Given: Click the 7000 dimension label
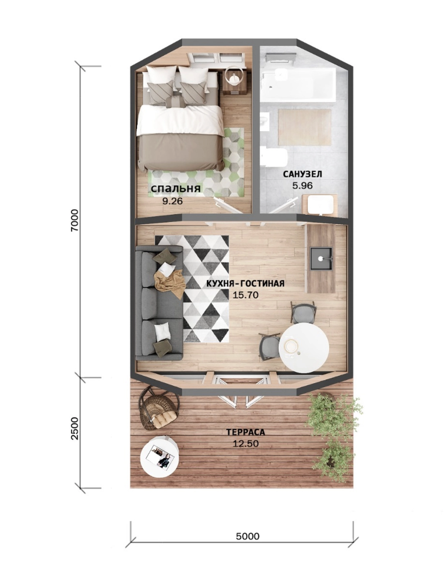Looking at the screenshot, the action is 75,220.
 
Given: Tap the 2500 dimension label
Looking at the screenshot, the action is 75,428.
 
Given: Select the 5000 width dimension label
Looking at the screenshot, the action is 247,536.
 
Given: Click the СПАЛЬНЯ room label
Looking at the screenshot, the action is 175,189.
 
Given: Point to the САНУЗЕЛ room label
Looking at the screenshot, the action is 303,174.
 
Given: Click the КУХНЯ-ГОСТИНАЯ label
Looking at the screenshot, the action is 245,283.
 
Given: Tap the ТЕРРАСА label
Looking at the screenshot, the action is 246,432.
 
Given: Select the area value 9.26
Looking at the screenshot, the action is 172,201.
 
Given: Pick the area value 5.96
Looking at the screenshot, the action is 303,186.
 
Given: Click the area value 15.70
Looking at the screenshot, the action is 246,295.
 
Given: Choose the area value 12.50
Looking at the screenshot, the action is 246,444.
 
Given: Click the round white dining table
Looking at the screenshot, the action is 304,347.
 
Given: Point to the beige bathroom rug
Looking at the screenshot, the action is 304,127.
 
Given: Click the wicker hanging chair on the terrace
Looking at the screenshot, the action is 159,409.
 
